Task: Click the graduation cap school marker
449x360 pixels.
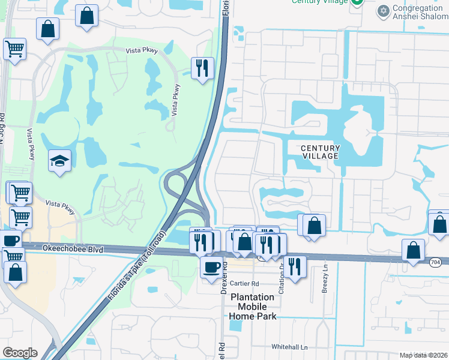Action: point(60,161)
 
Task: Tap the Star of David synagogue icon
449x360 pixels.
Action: point(383,11)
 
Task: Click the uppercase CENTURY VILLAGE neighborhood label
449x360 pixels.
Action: point(320,152)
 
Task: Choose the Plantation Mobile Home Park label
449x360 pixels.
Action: point(253,306)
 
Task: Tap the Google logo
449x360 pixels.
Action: point(20,352)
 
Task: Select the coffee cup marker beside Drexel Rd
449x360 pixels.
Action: point(211,267)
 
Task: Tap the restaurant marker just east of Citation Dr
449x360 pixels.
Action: point(294,266)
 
